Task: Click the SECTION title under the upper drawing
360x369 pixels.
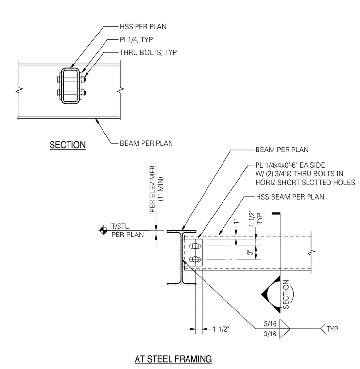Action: tap(68, 145)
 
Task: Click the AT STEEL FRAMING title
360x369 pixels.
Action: tap(173, 359)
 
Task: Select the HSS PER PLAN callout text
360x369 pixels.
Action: tap(143, 27)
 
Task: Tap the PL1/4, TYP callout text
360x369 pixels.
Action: tap(137, 40)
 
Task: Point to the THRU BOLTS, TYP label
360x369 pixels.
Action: tap(148, 52)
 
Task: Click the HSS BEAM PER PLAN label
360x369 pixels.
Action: tap(290, 197)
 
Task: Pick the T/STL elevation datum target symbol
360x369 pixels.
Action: tap(103, 230)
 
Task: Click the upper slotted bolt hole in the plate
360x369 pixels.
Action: tap(195, 246)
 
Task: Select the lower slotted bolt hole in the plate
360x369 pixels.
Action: tap(195, 260)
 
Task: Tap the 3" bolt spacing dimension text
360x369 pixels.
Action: tap(250, 253)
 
